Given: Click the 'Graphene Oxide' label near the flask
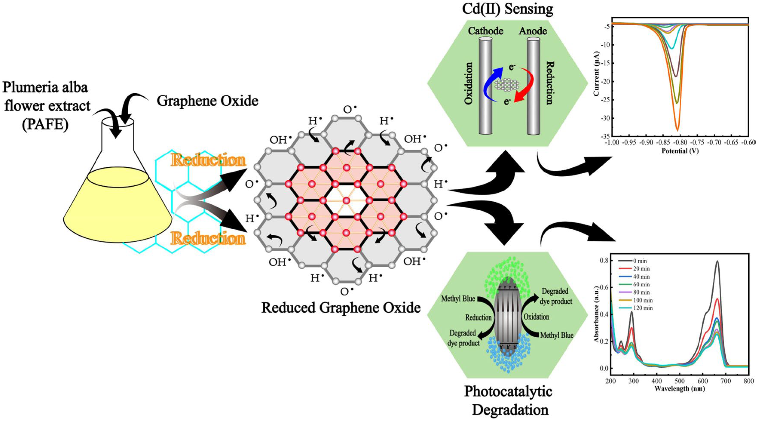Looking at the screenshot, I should (207, 101).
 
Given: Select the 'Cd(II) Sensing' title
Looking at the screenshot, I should (507, 9).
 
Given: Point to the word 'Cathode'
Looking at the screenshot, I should (486, 31).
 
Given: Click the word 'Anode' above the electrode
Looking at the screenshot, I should (533, 31).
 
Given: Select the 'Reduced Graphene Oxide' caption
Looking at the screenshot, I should (341, 308).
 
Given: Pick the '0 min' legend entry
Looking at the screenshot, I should (640, 261).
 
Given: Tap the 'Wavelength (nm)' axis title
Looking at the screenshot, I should (679, 389).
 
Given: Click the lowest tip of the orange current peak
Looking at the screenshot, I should (677, 130).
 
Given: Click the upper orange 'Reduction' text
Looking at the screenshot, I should (208, 160).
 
